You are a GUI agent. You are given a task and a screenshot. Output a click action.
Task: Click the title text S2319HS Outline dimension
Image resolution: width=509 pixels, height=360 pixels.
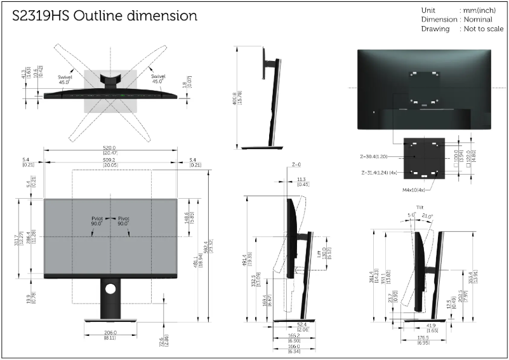pyautogui.click(x=105, y=15)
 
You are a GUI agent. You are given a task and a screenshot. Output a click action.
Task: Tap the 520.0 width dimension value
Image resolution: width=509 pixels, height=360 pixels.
pyautogui.click(x=110, y=148)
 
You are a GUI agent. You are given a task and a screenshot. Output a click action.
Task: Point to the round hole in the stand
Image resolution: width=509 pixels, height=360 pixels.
pyautogui.click(x=110, y=288)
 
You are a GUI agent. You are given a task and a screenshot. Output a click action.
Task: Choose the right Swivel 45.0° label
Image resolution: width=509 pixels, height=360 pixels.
pyautogui.click(x=157, y=79)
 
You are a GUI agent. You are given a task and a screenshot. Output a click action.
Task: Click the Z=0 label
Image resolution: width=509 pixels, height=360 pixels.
pyautogui.click(x=296, y=164)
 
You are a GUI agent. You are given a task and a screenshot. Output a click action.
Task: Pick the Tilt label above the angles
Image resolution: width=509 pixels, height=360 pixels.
pyautogui.click(x=420, y=208)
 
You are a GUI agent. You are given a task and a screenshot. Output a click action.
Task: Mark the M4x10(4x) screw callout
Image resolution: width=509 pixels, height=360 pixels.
pyautogui.click(x=413, y=189)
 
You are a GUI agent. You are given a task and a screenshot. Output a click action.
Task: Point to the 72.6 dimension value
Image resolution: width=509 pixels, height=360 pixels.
pyautogui.click(x=163, y=340)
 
